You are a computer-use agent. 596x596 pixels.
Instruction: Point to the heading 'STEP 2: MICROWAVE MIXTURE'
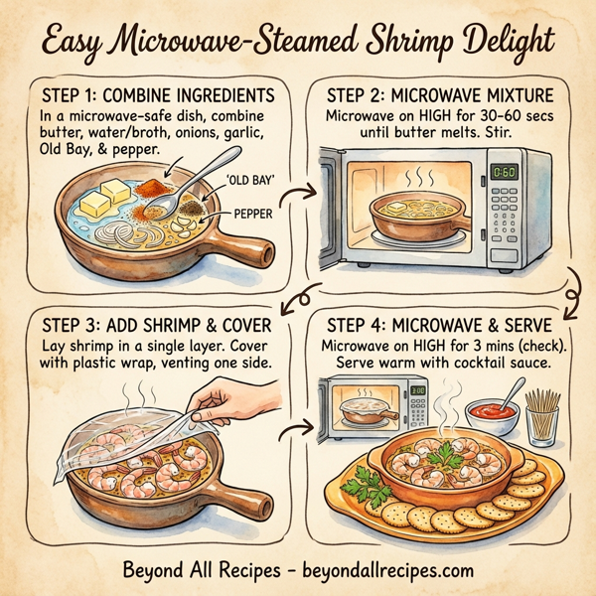pyautogui.click(x=442, y=96)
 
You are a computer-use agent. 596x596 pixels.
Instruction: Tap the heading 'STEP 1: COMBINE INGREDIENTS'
pyautogui.click(x=160, y=96)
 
